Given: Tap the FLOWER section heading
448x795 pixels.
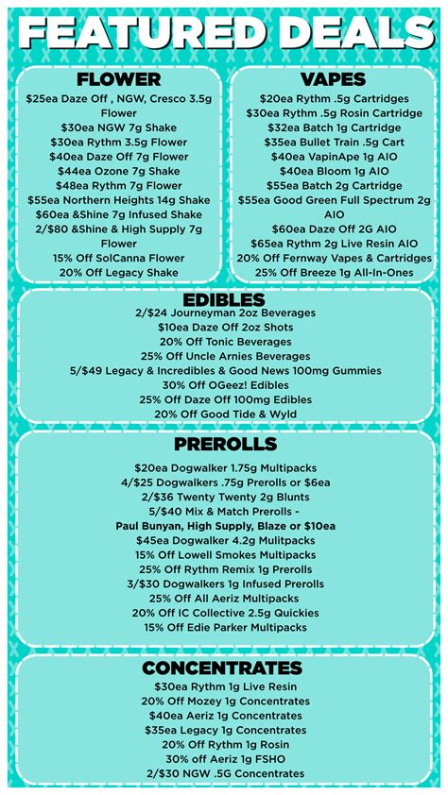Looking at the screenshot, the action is pyautogui.click(x=118, y=79).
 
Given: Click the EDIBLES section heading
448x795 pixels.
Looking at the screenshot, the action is pyautogui.click(x=224, y=299).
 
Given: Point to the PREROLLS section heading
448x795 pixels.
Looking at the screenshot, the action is pyautogui.click(x=224, y=444).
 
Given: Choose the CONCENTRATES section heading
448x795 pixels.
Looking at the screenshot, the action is pyautogui.click(x=224, y=668).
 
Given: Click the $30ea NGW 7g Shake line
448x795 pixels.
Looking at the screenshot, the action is pyautogui.click(x=118, y=127).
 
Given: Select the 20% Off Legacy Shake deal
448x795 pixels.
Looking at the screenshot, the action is pyautogui.click(x=118, y=272).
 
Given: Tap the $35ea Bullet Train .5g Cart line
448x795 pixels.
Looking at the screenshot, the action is pyautogui.click(x=333, y=142).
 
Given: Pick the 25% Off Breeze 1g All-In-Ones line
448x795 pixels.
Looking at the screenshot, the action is pyautogui.click(x=333, y=272).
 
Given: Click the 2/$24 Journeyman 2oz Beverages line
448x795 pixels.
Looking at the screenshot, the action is pyautogui.click(x=224, y=313).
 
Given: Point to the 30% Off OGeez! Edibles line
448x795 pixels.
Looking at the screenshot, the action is pyautogui.click(x=224, y=385).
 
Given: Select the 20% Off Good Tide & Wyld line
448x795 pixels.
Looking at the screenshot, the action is pyautogui.click(x=224, y=414).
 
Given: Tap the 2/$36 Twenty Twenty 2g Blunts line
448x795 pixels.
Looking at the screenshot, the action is pyautogui.click(x=224, y=497).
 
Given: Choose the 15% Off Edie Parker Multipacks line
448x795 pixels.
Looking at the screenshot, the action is pyautogui.click(x=224, y=627).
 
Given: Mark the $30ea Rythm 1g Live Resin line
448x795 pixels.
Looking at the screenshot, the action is pyautogui.click(x=224, y=686).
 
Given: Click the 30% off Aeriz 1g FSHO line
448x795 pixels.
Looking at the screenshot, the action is pyautogui.click(x=224, y=759).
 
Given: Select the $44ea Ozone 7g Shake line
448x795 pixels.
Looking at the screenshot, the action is pyautogui.click(x=118, y=171).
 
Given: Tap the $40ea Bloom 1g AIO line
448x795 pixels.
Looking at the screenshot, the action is pyautogui.click(x=333, y=171).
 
